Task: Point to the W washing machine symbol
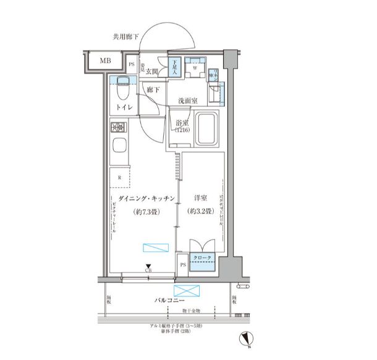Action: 195,68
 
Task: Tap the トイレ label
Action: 124,107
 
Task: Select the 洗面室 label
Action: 187,100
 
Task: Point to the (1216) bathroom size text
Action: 182,130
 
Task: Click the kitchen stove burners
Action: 118,128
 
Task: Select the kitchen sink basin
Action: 119,148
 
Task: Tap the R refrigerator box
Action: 119,177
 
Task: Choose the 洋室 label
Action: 201,198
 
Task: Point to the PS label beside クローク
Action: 182,264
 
